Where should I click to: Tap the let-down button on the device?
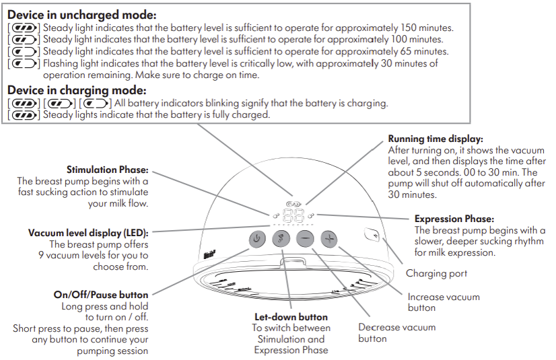[281, 238]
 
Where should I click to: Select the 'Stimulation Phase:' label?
[108, 170]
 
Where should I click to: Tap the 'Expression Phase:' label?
[454, 219]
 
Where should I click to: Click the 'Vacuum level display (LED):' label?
[88, 233]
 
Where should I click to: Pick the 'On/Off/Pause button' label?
[101, 294]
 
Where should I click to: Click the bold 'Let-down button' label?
[291, 316]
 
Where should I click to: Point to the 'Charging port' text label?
[436, 273]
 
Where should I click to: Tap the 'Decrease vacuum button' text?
[396, 332]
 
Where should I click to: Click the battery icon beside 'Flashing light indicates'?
[24, 64]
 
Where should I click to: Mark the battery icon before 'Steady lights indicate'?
[24, 115]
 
